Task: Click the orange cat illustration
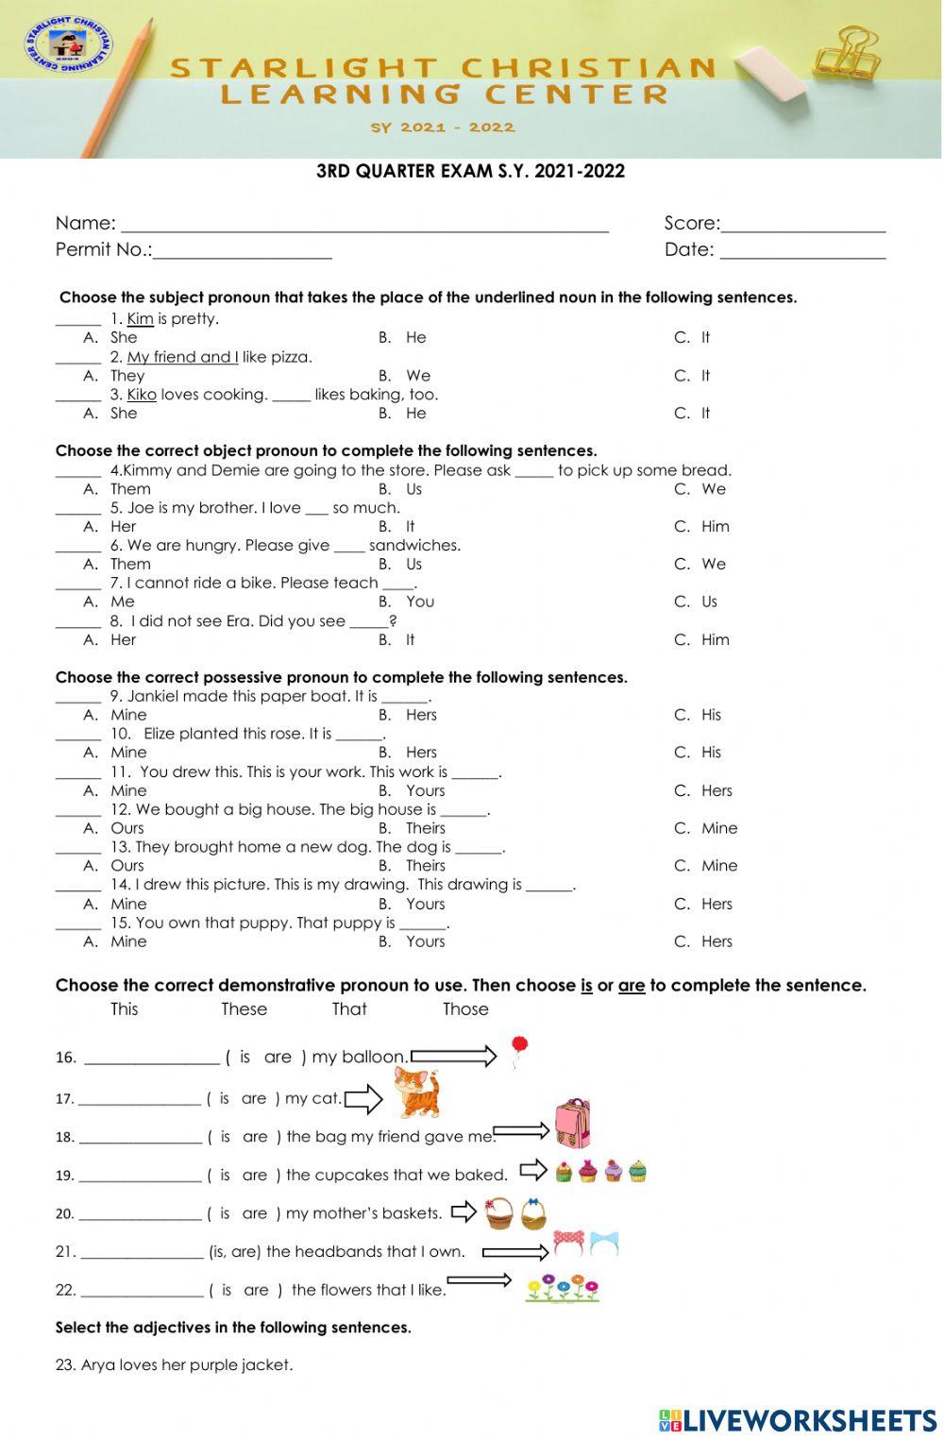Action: pos(415,1093)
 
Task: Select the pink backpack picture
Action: pos(572,1123)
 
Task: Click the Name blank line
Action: pos(364,227)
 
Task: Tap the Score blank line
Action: pos(802,227)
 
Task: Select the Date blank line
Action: pos(802,252)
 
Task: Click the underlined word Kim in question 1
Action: pos(140,319)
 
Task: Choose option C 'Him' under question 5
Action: pos(715,527)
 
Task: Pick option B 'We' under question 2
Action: pos(417,376)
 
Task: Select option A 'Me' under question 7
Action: pos(122,601)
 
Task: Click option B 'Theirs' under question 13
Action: pos(425,866)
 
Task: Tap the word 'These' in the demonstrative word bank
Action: pos(244,1009)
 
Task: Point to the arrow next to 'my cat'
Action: pos(363,1098)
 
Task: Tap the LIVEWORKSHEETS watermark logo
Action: pos(798,1421)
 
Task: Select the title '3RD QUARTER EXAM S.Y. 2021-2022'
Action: pos(470,171)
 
